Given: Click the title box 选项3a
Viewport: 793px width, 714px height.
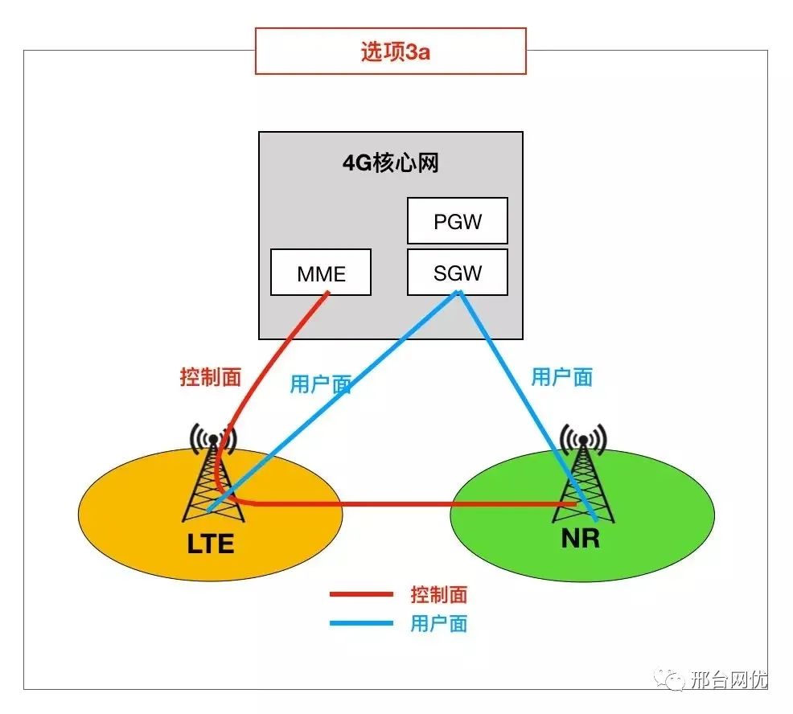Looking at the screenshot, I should (x=390, y=51).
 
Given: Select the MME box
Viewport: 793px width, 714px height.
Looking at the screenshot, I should (x=321, y=273).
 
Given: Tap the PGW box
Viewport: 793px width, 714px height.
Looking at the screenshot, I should (x=458, y=221).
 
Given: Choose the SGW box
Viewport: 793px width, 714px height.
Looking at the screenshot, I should (x=458, y=273).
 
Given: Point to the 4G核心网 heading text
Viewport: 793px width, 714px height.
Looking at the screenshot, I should (x=390, y=163).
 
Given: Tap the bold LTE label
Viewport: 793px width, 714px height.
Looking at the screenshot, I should (x=211, y=544).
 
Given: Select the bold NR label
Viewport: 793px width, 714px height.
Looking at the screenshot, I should (x=581, y=538).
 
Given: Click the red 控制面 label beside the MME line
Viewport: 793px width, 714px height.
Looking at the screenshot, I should (x=210, y=377).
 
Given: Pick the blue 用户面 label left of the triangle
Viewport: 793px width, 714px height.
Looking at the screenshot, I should (x=320, y=384).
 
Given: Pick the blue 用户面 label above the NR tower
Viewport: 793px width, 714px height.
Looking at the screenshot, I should (x=561, y=376).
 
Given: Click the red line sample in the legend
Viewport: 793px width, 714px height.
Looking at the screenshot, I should (x=361, y=595).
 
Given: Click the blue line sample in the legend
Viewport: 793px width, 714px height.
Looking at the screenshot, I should (x=361, y=623).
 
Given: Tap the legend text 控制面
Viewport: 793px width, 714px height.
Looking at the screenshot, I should (x=438, y=595).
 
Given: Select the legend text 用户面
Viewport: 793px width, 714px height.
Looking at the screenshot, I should (x=438, y=623).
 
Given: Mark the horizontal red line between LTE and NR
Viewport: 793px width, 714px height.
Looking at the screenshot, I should (x=402, y=505).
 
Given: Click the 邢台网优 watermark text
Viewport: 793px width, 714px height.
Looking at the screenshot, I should (x=728, y=680).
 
